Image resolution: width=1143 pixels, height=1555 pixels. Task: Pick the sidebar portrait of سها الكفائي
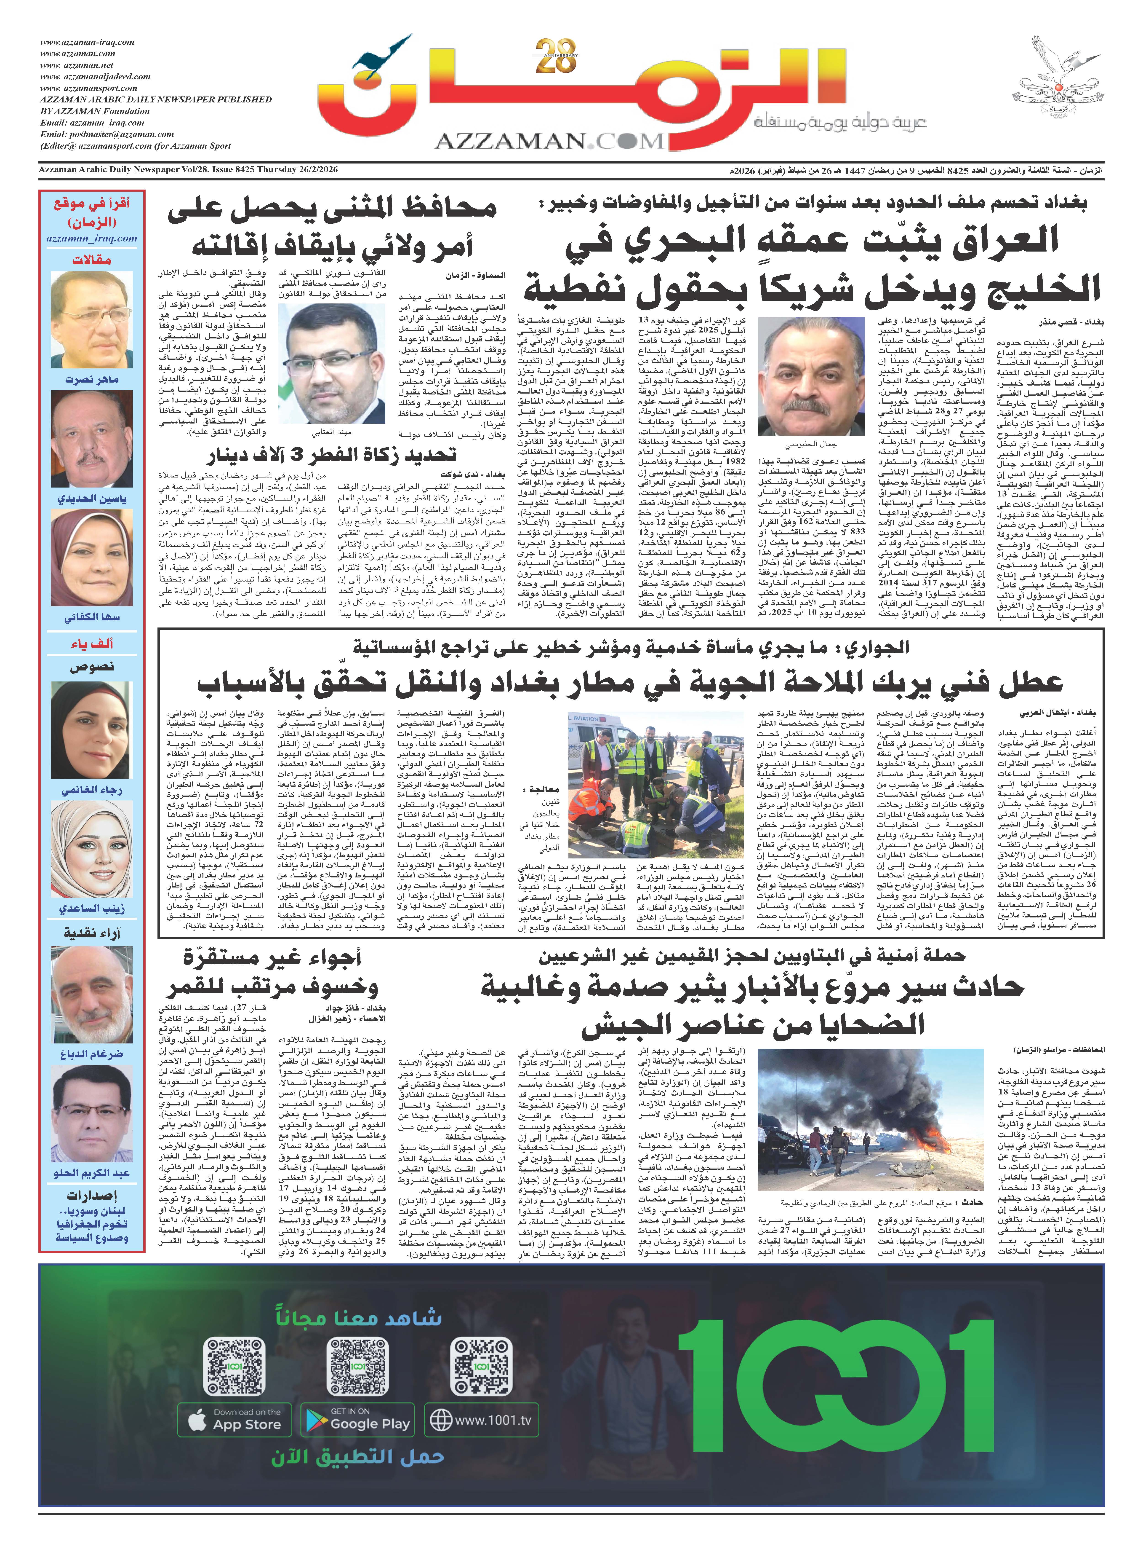pyautogui.click(x=92, y=558)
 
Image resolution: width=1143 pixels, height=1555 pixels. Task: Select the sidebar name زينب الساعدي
pyautogui.click(x=92, y=908)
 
